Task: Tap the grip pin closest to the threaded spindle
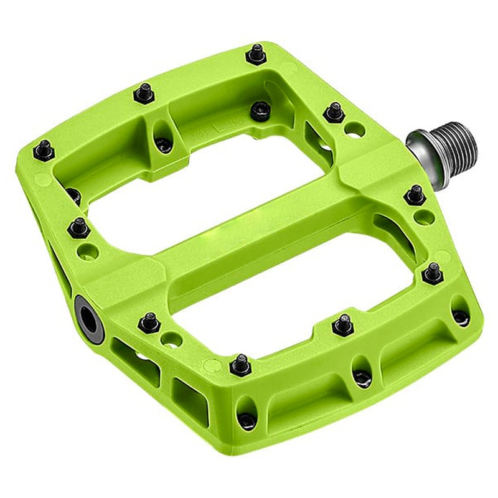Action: coord(336,112)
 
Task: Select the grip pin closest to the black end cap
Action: coord(147,322)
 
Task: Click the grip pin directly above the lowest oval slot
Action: coord(240,364)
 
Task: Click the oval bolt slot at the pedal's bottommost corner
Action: coord(248,420)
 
